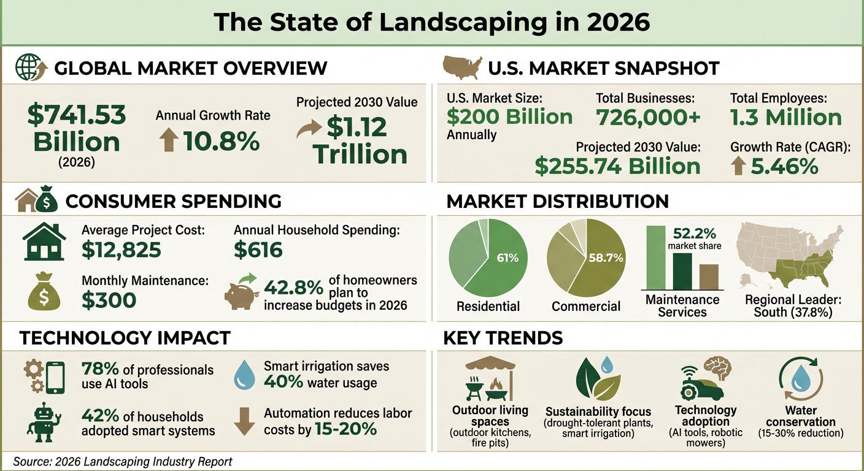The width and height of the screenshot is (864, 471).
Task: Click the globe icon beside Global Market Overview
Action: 27,67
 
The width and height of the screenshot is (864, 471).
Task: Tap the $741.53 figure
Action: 77,115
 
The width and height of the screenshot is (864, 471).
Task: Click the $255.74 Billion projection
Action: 617,166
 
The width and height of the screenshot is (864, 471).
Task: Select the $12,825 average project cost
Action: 121,250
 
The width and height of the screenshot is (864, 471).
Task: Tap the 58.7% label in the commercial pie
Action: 605,258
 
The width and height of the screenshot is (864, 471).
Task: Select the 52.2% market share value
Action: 694,234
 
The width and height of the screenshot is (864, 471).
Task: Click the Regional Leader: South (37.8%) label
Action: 793,306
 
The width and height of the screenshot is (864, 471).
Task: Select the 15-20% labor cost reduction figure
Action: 345,429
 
